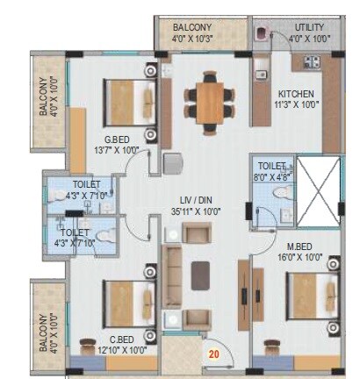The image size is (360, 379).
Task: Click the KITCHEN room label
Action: click(x=296, y=93)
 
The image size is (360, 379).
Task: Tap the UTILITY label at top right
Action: click(x=309, y=27)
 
